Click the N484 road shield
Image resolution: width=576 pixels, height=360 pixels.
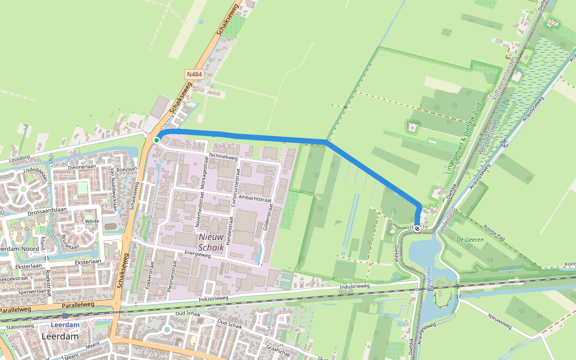[x=194, y=74]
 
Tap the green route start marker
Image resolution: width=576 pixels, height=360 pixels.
[x=157, y=140]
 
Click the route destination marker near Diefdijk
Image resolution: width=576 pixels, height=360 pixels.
[x=417, y=228]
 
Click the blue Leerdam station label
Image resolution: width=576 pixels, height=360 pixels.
[x=65, y=325]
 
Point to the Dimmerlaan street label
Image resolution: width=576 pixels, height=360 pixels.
[x=83, y=168]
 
